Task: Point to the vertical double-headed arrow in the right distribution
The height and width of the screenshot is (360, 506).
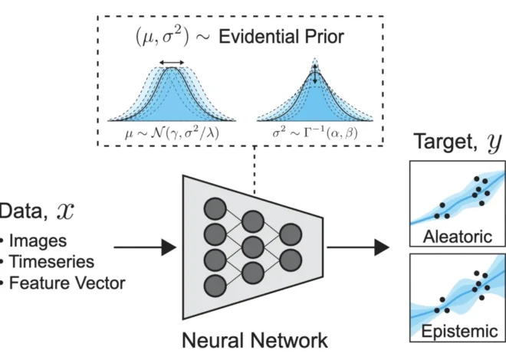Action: point(314,75)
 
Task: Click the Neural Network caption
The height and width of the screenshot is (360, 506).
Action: point(253,339)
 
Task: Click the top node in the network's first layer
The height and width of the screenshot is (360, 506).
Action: point(215,208)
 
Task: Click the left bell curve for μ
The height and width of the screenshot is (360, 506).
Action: point(172,96)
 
